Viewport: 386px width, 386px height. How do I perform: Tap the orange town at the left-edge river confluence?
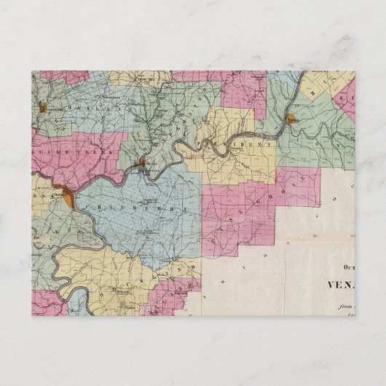point(66,194)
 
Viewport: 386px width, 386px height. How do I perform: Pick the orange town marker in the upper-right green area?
point(291,119)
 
